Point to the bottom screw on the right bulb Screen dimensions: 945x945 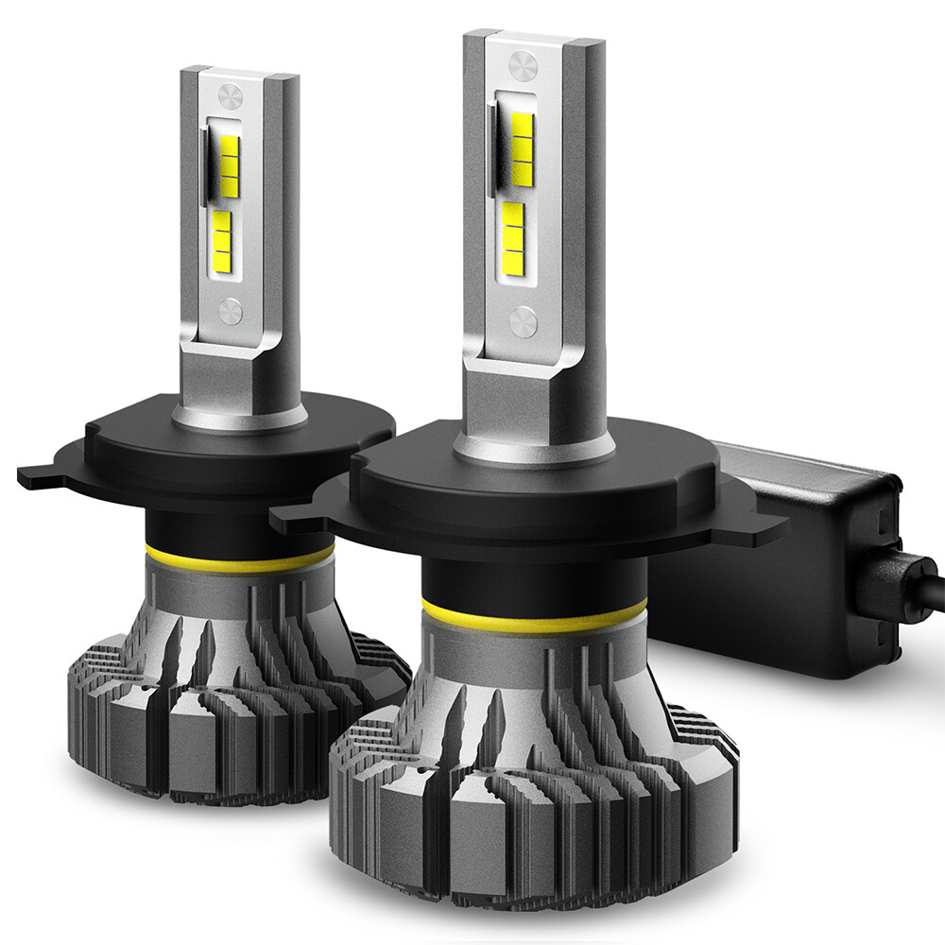click(523, 322)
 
